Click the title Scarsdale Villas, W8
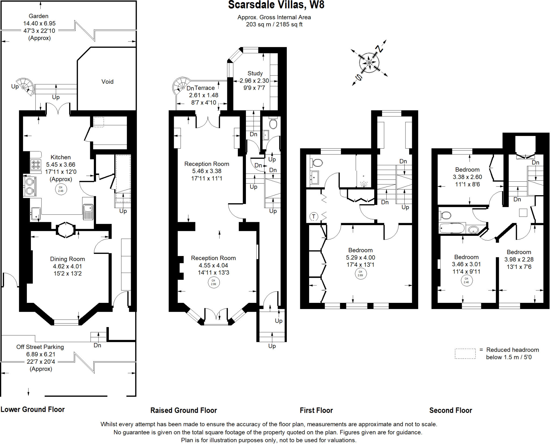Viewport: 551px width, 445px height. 276,5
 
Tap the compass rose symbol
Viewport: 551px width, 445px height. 369,63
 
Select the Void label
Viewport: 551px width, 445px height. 107,82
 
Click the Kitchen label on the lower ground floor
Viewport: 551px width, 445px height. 61,157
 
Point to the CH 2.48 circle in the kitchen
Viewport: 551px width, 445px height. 61,189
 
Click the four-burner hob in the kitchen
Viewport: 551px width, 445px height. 36,164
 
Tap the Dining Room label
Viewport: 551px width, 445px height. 68,259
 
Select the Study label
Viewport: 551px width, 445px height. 255,73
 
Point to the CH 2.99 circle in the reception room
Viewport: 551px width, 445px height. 213,282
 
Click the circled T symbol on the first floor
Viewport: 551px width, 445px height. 314,216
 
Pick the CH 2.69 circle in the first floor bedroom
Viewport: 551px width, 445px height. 360,274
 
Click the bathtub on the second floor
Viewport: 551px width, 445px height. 452,229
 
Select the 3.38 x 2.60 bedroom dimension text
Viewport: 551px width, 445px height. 467,177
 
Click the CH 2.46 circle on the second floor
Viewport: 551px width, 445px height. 466,281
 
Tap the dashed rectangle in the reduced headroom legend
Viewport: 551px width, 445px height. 465,353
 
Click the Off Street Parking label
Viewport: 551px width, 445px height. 40,347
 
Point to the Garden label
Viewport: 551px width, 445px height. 38,16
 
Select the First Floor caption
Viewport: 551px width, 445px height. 316,410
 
